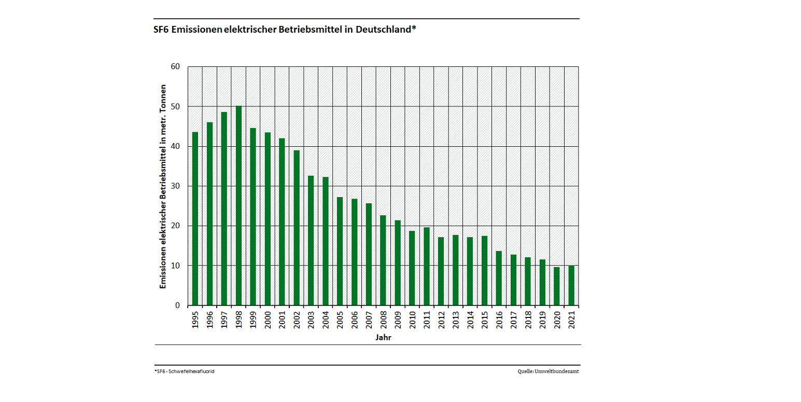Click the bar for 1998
tap(238, 205)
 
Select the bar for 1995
tap(195, 218)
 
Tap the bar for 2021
tap(571, 285)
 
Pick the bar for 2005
tap(340, 251)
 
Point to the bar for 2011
tap(427, 266)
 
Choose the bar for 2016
tap(499, 278)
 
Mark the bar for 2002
tap(297, 228)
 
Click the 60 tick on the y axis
tap(175, 66)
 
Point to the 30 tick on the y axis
tap(175, 186)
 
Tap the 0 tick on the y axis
tap(177, 306)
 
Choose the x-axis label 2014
tap(470, 320)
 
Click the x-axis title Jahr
tap(383, 338)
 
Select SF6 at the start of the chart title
tap(161, 30)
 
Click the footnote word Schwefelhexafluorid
tap(193, 371)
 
